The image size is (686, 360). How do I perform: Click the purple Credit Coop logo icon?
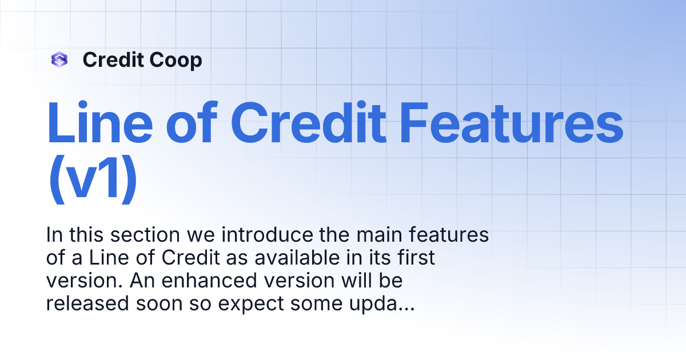[59, 59]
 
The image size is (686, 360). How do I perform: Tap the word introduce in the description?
[272, 235]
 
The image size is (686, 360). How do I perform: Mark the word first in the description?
[413, 258]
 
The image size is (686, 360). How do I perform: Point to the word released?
[87, 304]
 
